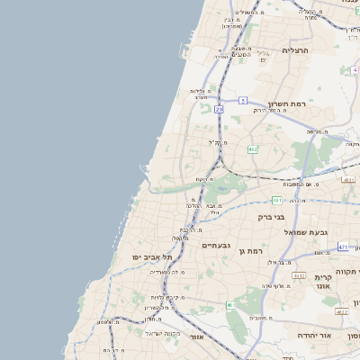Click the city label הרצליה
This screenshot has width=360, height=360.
point(294,50)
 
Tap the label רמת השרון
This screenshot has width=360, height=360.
point(287,104)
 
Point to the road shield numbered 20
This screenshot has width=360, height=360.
point(219,109)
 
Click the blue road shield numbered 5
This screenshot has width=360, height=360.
point(243,101)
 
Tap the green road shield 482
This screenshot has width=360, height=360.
point(252,148)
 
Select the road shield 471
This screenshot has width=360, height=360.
point(343,246)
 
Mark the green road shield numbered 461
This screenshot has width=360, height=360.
point(231,305)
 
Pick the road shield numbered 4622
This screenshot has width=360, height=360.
point(341,311)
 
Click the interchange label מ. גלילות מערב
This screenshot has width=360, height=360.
point(199,93)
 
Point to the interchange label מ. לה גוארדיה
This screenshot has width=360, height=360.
point(166,271)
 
